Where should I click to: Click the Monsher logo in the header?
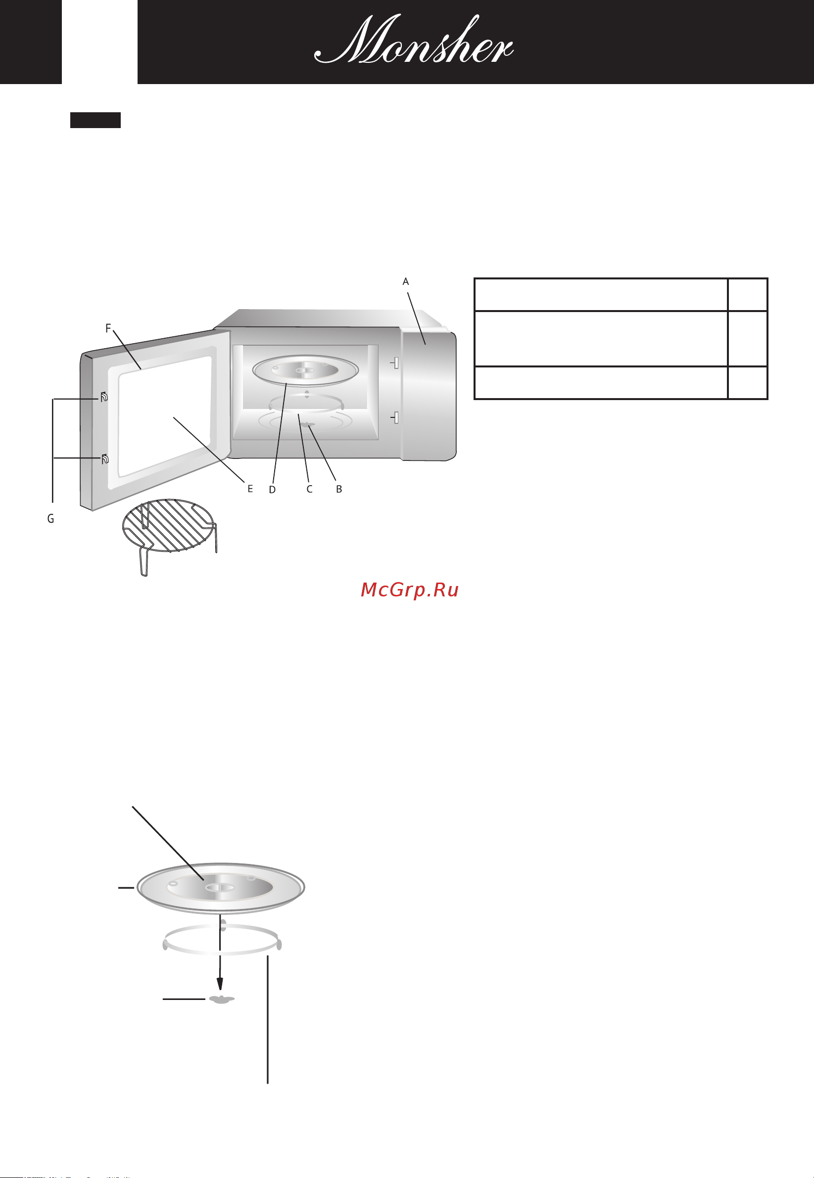414,40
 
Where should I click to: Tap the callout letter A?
405,281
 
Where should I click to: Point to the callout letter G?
50,518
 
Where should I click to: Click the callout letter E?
250,489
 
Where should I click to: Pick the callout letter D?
272,489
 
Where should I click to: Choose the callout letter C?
309,489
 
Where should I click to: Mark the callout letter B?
338,489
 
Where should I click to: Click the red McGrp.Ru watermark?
410,589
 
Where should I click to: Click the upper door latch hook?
104,397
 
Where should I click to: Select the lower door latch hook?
104,458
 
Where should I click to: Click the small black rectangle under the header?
96,120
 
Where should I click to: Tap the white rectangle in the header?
99,42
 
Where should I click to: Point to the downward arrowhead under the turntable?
220,983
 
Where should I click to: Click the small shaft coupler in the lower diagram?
221,999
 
